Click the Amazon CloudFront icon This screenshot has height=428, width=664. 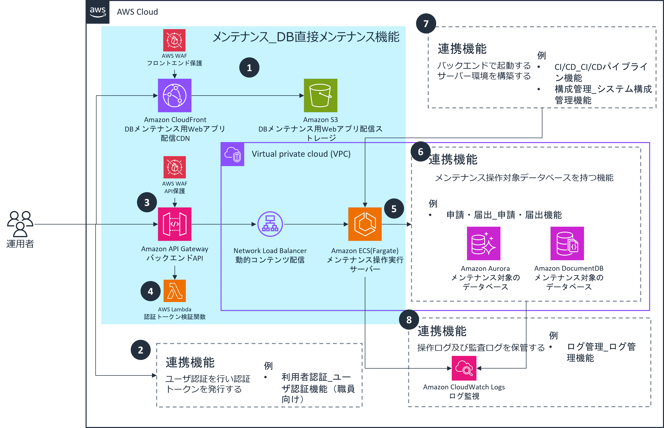click(x=175, y=95)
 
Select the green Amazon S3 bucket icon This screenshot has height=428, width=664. click(x=321, y=95)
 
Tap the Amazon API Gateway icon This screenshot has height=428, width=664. click(x=175, y=224)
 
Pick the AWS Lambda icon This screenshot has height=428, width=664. click(x=175, y=291)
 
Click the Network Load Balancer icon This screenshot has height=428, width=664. click(x=270, y=224)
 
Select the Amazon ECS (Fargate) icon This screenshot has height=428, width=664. click(x=365, y=224)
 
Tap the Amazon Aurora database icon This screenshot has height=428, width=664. click(x=484, y=243)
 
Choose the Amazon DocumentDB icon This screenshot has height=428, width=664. click(x=567, y=243)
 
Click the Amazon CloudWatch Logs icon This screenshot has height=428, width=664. click(x=464, y=368)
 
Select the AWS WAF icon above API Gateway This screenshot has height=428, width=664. click(x=175, y=167)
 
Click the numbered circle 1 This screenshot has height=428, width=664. click(x=249, y=68)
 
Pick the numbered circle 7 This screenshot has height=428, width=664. click(x=426, y=24)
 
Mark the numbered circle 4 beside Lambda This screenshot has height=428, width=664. click(x=151, y=291)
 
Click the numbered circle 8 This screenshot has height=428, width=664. click(x=409, y=320)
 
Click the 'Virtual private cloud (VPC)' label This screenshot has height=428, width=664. click(x=301, y=154)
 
